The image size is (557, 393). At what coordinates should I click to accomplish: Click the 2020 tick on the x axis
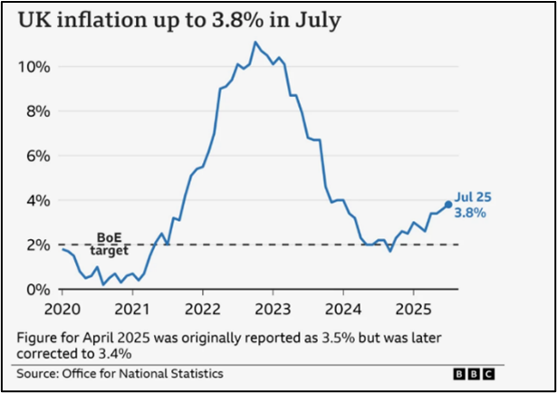point(62,306)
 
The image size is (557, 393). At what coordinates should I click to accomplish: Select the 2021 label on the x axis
point(132,306)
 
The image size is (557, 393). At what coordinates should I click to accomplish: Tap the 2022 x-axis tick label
point(202,306)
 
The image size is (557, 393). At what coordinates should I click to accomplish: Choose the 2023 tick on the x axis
point(273,306)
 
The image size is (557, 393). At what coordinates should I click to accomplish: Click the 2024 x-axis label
point(342,306)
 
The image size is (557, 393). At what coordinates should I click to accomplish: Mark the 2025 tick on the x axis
point(413,306)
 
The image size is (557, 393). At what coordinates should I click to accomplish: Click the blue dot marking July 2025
point(448,205)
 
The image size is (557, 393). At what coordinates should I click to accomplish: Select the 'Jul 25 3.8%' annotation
point(473,206)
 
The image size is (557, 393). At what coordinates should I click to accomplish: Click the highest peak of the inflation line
point(255,42)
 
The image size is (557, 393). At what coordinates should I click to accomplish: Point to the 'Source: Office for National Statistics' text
point(120,373)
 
